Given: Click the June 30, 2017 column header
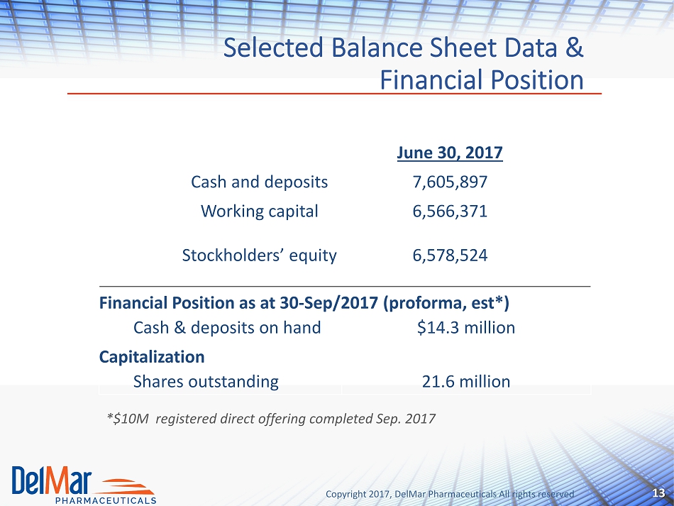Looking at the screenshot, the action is pos(450,153).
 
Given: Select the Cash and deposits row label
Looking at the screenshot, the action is pos(259,182).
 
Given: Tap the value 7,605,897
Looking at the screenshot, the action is pos(450,182).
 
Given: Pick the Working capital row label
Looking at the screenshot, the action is pos(259,211).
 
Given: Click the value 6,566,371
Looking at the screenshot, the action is pos(450,211).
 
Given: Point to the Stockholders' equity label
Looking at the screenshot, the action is pos(259,255).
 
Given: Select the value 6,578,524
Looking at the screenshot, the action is pos(450,255).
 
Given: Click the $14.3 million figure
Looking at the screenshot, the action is pos(466,328).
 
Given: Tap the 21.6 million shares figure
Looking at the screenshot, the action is pos(466,381).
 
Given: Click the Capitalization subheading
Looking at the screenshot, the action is pos(152,357).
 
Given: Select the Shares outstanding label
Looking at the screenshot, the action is pos(206,382).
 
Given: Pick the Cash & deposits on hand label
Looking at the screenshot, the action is pos(227,328).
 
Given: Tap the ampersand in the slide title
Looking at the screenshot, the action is pos(574,48).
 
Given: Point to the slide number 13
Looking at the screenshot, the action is pos(658,493).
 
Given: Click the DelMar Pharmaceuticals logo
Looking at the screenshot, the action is pos(84,485).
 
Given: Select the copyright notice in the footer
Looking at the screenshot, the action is pos(450,494).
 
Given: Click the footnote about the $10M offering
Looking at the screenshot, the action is pos(271,418).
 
